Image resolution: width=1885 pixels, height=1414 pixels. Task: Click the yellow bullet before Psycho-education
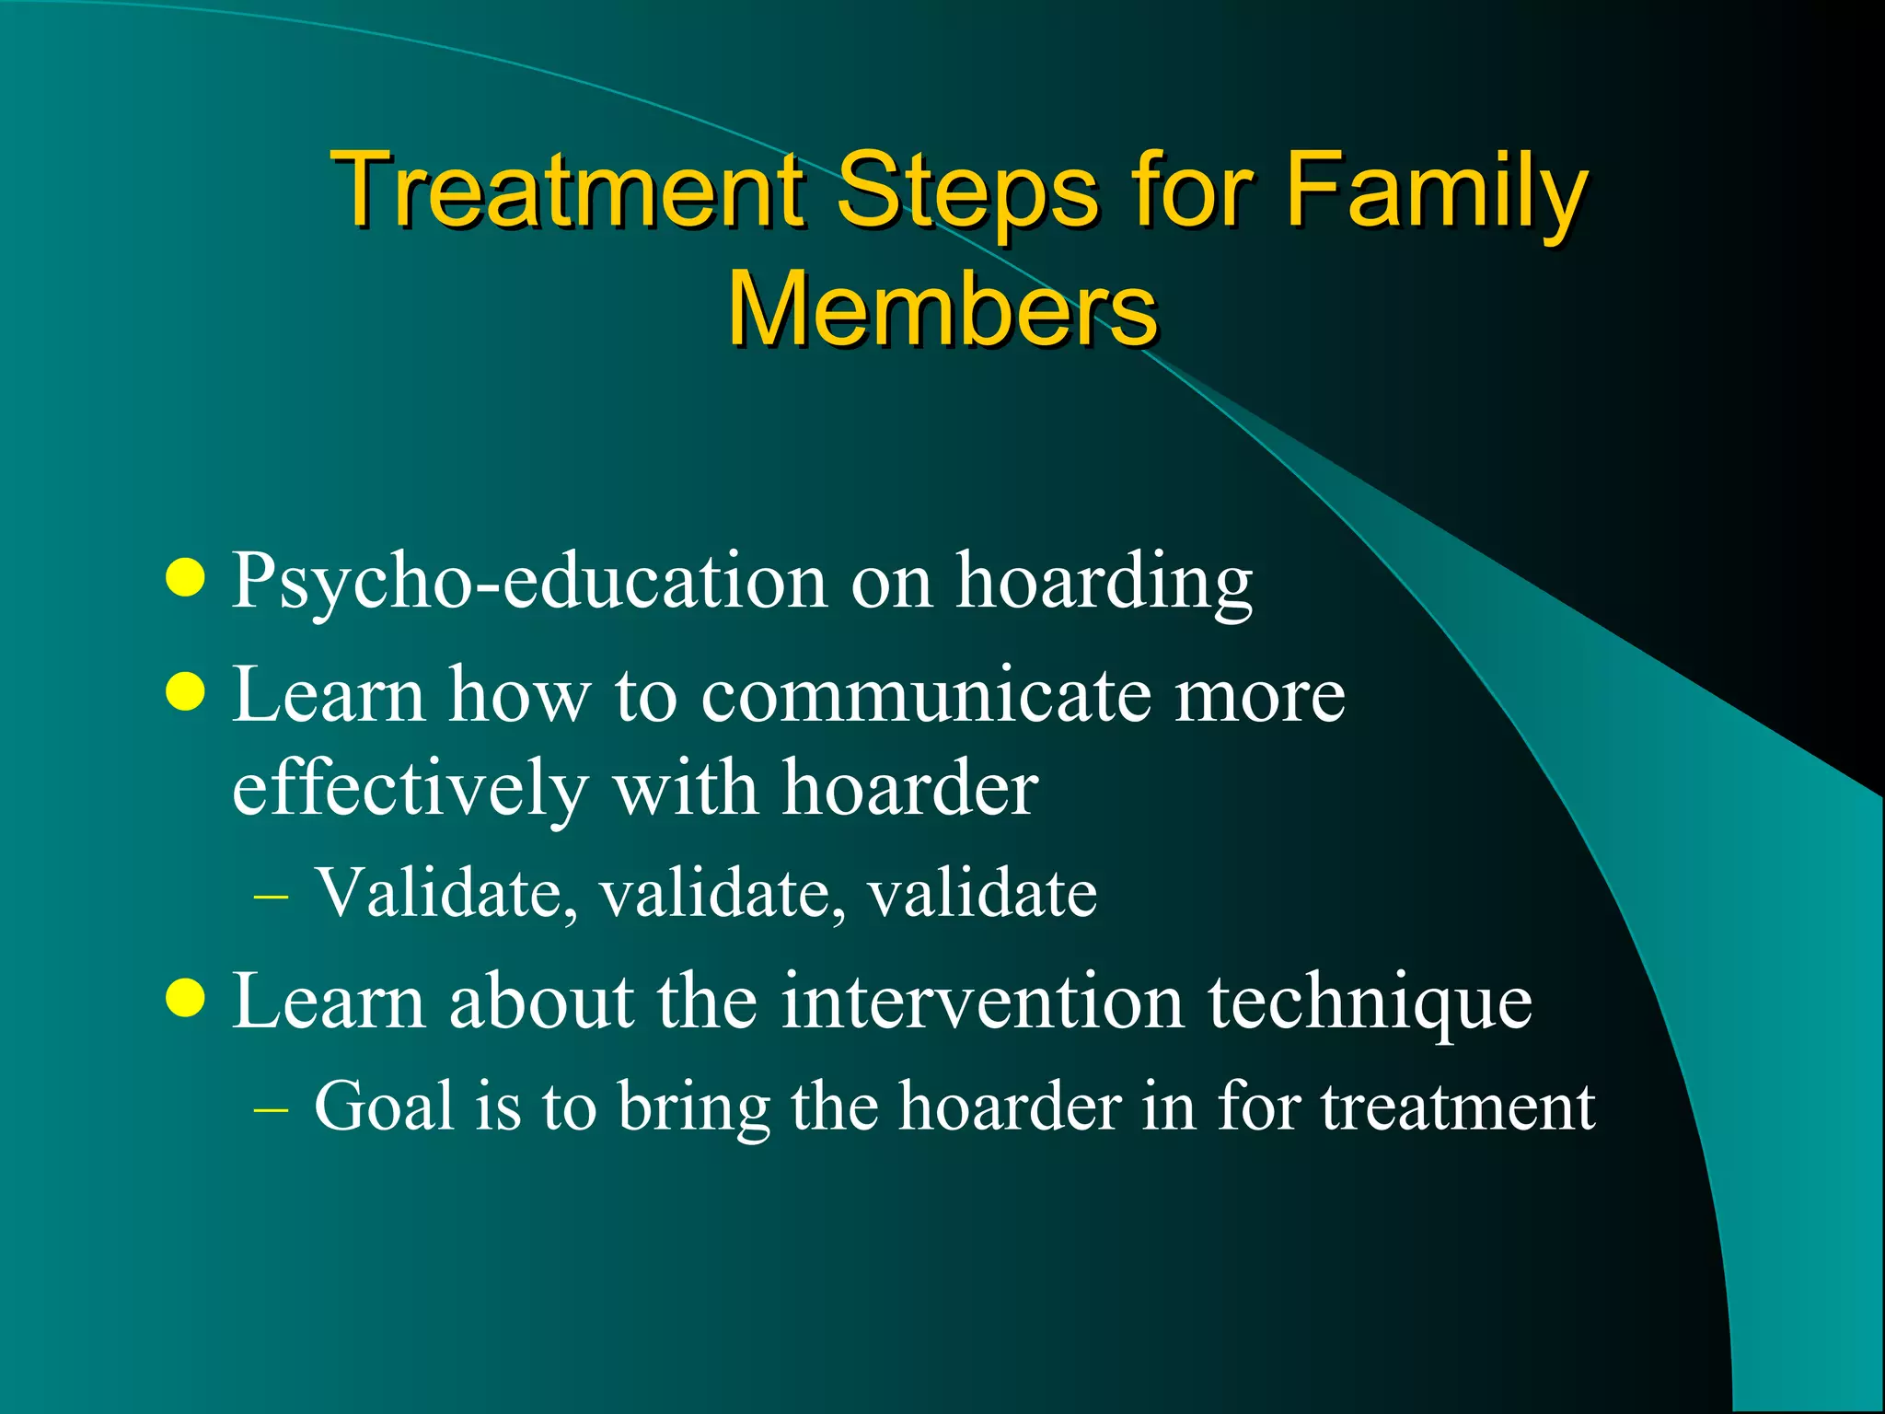(x=186, y=579)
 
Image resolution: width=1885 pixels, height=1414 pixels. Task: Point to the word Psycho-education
(x=529, y=582)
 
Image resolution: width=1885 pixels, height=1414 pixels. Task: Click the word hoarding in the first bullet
(x=1104, y=582)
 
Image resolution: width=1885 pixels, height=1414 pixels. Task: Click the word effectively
(x=410, y=790)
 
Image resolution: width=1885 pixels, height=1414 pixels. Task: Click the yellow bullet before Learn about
(x=186, y=999)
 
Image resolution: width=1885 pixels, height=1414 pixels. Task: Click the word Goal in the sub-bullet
(x=384, y=1106)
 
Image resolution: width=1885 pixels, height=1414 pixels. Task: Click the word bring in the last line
(x=693, y=1107)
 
